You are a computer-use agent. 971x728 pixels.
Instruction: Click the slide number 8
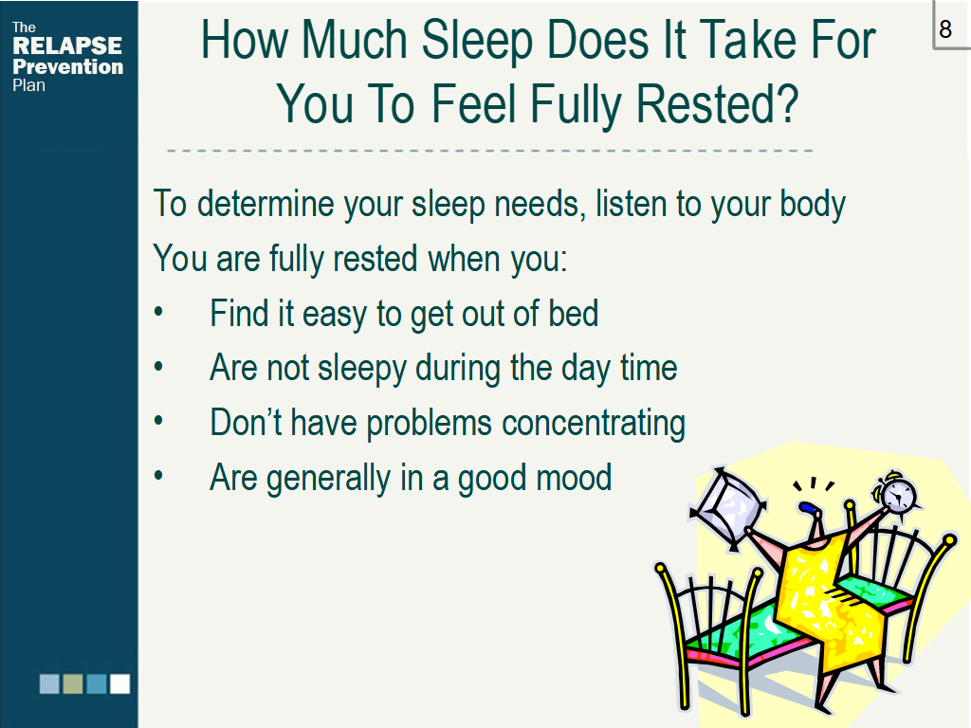[945, 28]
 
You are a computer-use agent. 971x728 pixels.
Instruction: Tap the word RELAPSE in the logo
[67, 45]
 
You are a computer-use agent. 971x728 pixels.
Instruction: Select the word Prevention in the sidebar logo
[68, 67]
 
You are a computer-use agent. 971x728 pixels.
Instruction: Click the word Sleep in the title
[477, 42]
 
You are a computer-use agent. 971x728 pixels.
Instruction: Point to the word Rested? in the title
[718, 104]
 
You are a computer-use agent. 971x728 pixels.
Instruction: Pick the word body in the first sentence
[813, 205]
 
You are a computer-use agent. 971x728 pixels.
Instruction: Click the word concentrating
[594, 424]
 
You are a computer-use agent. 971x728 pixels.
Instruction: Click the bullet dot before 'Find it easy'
[159, 312]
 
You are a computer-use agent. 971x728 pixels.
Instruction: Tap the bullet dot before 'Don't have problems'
[159, 421]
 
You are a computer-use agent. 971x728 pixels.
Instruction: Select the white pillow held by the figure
[729, 509]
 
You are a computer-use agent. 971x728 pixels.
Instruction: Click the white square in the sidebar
[120, 684]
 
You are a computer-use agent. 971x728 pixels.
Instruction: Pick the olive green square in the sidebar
[73, 684]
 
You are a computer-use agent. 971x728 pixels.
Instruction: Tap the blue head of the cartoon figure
[808, 508]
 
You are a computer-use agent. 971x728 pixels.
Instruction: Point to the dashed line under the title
[489, 151]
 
